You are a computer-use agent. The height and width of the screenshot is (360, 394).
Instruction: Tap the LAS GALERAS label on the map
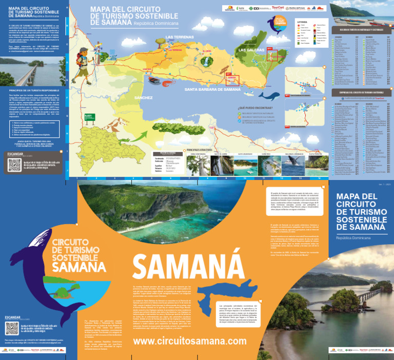[x=252, y=50]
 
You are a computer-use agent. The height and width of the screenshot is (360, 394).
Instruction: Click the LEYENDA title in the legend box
[x=302, y=22]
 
